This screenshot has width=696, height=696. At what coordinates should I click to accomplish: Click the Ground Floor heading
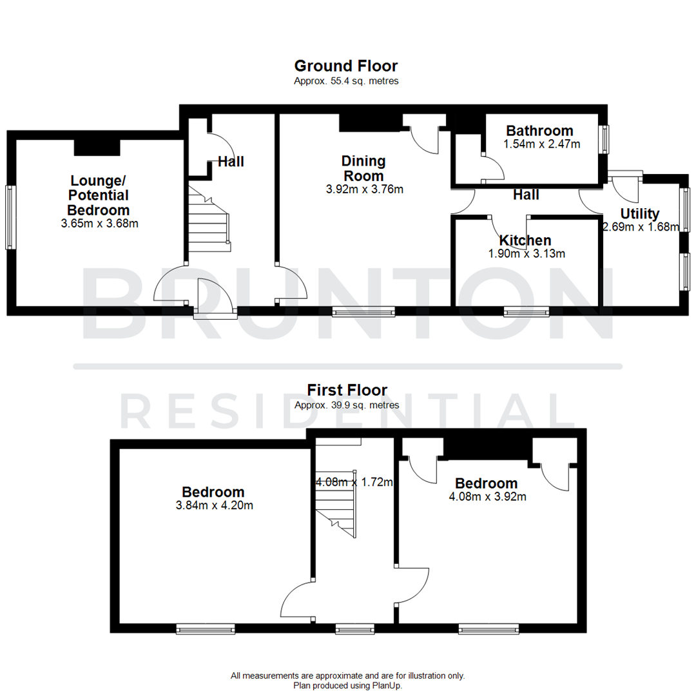tap(346, 66)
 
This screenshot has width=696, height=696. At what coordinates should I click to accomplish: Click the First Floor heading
tap(347, 390)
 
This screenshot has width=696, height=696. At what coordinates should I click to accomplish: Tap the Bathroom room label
tap(539, 131)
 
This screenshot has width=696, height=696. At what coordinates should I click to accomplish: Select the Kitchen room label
tap(526, 240)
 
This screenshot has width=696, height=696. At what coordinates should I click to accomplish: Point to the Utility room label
tap(639, 213)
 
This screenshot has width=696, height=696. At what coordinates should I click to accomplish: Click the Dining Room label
tap(363, 168)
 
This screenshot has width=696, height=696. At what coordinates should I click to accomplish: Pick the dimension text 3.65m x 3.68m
tap(100, 224)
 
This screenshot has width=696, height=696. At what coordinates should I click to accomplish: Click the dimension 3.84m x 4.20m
tap(214, 505)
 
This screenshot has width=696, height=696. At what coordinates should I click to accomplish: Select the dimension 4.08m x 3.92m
tap(487, 497)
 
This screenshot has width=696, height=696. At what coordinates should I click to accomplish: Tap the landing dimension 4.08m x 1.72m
tap(354, 481)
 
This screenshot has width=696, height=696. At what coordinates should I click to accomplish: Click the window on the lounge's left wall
tap(10, 217)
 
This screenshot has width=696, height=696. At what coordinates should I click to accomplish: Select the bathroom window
tap(605, 139)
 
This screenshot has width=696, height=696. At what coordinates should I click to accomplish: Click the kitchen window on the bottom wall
tap(527, 312)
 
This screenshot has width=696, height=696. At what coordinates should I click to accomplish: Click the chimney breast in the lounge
tap(97, 147)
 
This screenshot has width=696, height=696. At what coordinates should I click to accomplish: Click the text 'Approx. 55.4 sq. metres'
tap(346, 81)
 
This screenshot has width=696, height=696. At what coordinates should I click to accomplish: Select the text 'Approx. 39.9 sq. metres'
tap(347, 405)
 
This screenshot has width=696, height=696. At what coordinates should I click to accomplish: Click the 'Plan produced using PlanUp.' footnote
tap(347, 686)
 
